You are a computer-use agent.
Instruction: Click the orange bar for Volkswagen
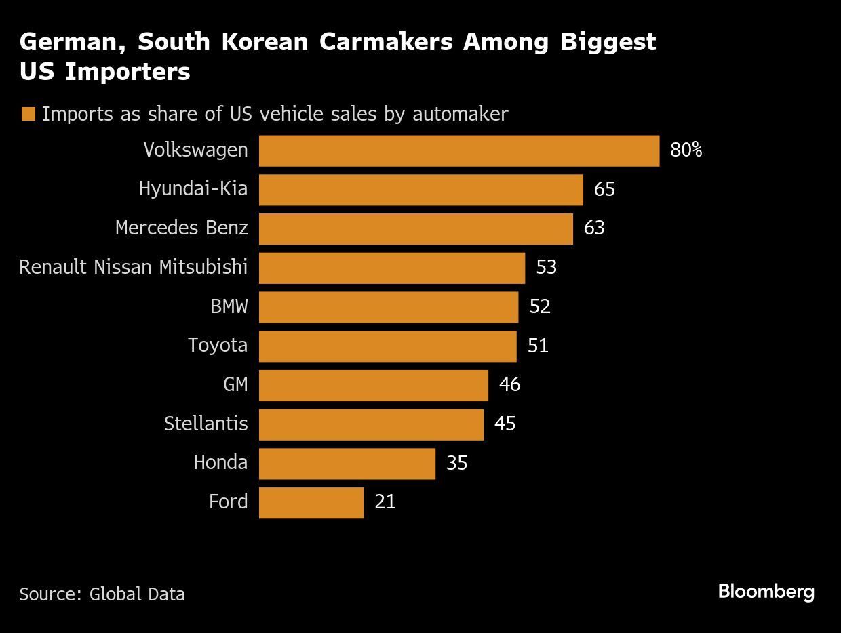(x=458, y=150)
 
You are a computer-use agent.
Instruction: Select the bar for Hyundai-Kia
(x=420, y=190)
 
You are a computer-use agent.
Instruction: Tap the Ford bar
(x=311, y=502)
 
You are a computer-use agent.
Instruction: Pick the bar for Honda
(x=347, y=463)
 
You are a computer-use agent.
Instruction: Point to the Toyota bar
(x=387, y=346)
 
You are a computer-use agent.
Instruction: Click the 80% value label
(x=686, y=150)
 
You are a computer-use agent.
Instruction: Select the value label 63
(x=593, y=228)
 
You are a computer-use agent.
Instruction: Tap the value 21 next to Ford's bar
(x=385, y=502)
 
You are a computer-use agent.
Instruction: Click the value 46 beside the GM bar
(x=509, y=384)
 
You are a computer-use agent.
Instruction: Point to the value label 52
(x=540, y=306)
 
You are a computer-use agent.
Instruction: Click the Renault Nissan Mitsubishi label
(x=133, y=267)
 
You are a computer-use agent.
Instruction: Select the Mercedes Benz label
(x=181, y=228)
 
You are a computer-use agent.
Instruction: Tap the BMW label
(x=229, y=306)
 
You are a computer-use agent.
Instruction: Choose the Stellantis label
(x=206, y=424)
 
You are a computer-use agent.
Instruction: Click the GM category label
(x=235, y=384)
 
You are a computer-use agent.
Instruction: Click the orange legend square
(x=28, y=114)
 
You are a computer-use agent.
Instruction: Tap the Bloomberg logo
(x=766, y=591)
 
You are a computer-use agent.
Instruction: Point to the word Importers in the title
(x=128, y=72)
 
